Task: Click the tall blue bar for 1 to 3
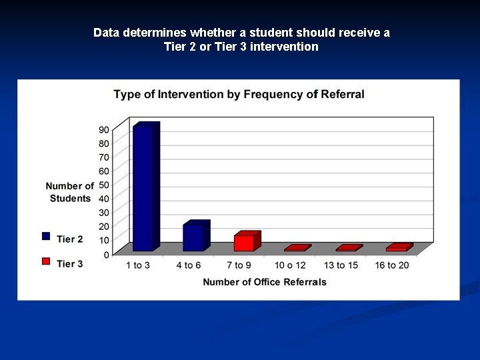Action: click(143, 188)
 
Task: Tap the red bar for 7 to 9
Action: click(244, 243)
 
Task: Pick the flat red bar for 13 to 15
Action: click(347, 249)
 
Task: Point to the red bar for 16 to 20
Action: click(397, 248)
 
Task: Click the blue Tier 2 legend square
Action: click(46, 235)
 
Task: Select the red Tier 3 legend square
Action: click(46, 261)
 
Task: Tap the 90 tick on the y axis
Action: click(104, 129)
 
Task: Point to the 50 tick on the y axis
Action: click(104, 185)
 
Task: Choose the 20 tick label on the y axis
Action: click(104, 226)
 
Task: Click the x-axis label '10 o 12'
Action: click(290, 266)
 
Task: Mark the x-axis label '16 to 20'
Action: click(393, 266)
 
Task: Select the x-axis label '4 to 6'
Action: click(189, 266)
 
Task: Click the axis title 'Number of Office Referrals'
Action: click(265, 282)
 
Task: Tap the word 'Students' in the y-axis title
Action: click(70, 199)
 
